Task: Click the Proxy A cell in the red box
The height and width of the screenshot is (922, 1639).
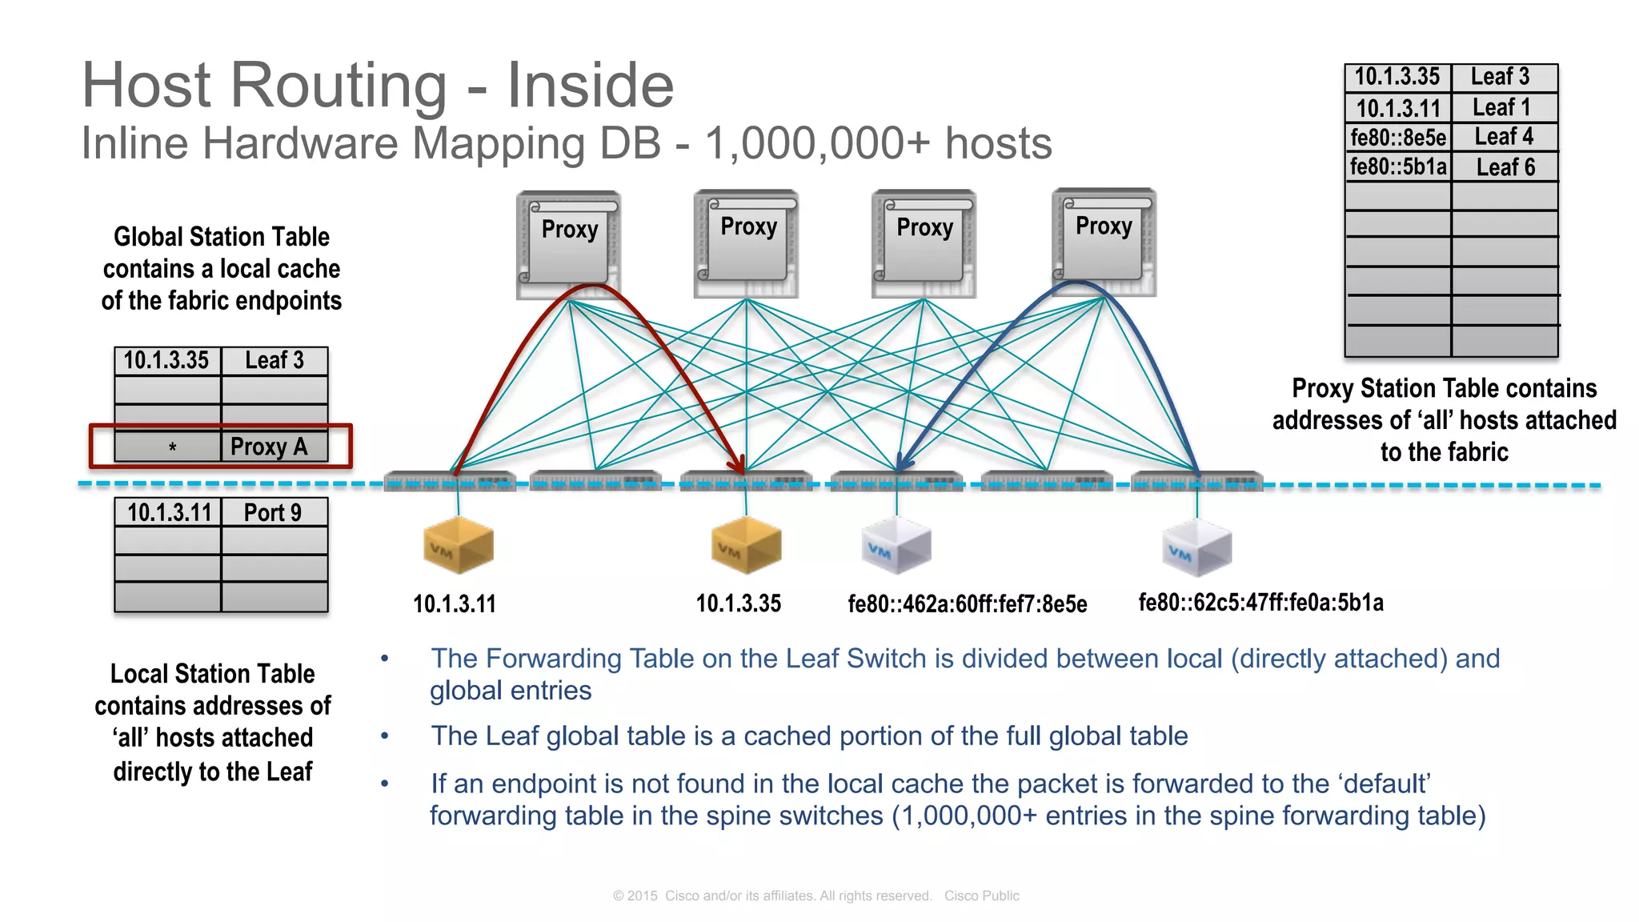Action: tap(269, 447)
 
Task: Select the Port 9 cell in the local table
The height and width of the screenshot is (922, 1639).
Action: tap(273, 512)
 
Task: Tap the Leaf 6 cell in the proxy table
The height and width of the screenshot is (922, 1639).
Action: tap(1505, 167)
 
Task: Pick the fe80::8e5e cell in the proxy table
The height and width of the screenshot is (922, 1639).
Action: tap(1398, 138)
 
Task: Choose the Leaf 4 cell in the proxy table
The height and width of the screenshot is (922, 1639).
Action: tap(1505, 137)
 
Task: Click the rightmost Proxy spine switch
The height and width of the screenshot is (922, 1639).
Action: tap(1104, 240)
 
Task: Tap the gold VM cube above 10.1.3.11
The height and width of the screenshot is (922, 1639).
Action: tap(458, 545)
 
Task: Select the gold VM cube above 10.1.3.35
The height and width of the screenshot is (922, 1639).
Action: tap(746, 545)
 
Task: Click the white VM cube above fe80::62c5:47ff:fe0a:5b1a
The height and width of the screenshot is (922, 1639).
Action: tap(1196, 547)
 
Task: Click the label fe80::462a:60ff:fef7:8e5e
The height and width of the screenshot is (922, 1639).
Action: tap(967, 604)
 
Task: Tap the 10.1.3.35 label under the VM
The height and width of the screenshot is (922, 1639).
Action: tap(738, 603)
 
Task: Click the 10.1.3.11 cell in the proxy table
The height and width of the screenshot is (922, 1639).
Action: tap(1398, 107)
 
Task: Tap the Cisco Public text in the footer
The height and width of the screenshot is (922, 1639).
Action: tap(981, 896)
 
